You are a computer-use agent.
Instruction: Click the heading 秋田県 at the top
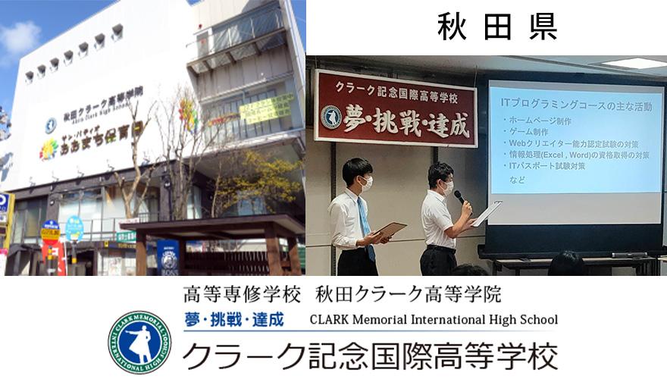497,27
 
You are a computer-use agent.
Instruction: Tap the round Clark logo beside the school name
139,343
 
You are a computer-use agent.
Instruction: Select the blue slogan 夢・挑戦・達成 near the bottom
233,320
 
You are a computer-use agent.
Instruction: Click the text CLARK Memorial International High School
434,319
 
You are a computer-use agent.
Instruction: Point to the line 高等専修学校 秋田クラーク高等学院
342,294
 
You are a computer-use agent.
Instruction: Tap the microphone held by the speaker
459,197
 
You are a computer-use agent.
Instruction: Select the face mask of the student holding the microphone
447,185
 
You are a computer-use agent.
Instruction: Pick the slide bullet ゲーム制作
530,132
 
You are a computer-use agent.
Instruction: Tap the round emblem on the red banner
331,116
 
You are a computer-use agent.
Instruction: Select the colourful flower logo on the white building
49,149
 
